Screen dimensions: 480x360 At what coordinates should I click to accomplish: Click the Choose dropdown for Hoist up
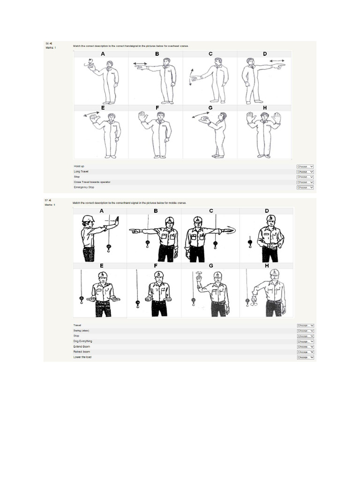pos(305,166)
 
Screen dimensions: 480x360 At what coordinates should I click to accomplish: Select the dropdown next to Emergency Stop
pos(305,187)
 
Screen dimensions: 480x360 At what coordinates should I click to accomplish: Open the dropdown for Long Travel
pos(305,172)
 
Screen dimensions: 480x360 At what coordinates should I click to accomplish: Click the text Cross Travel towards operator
pos(92,182)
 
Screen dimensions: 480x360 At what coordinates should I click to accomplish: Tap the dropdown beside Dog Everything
pos(305,342)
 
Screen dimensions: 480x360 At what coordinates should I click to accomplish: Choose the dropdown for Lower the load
pos(305,357)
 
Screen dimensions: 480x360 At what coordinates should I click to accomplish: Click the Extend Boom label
pos(82,346)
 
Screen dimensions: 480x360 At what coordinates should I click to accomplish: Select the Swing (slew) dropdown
pos(305,331)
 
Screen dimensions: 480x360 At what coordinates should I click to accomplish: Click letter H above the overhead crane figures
pos(265,108)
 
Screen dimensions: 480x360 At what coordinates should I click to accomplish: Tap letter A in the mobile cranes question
pos(102,211)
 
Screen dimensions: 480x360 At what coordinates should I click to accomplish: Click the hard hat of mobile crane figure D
pos(270,218)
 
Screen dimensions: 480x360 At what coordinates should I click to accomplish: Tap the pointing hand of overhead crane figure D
pos(279,67)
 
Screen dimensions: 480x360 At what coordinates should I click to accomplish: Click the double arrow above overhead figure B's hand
pos(140,63)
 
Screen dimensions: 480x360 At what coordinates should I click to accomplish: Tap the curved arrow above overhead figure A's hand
pos(85,61)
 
